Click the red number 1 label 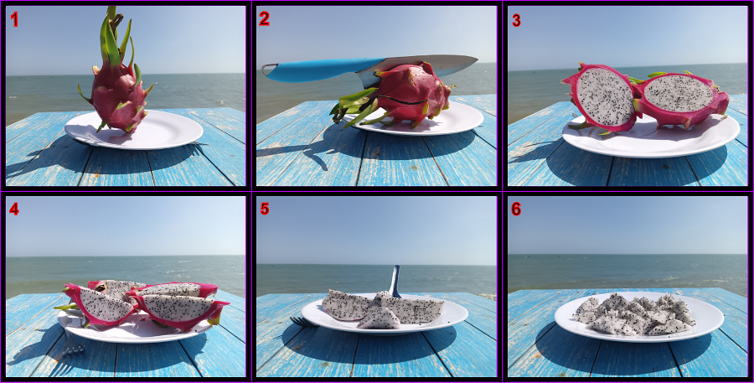pos(14,20)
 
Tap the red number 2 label pos(264,18)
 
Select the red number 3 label pos(516,21)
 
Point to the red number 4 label pos(14,209)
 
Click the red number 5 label pos(265,209)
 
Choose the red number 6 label pos(516,209)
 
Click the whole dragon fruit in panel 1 pos(116,77)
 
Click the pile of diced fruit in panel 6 pos(635,315)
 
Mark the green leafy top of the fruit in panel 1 pos(115,39)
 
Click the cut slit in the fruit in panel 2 pos(401,100)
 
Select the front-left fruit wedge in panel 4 pos(100,305)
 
